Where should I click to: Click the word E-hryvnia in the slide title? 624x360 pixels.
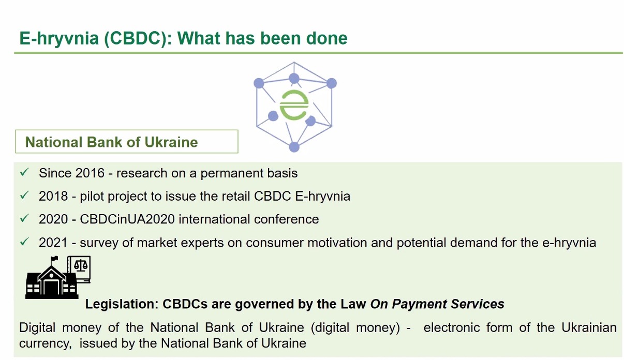pyautogui.click(x=59, y=38)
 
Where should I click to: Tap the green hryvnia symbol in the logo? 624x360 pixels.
pyautogui.click(x=294, y=105)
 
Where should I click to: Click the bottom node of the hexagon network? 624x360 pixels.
pyautogui.click(x=294, y=147)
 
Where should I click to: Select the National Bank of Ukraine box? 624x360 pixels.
pyautogui.click(x=127, y=141)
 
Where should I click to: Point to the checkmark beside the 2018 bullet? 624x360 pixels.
pyautogui.click(x=24, y=195)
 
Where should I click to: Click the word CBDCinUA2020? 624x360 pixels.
pyautogui.click(x=127, y=219)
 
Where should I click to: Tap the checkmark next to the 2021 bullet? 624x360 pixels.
pyautogui.click(x=24, y=242)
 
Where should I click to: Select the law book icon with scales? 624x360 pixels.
pyautogui.click(x=79, y=269)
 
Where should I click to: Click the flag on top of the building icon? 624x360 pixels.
pyautogui.click(x=54, y=259)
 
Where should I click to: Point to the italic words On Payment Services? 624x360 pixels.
pyautogui.click(x=437, y=304)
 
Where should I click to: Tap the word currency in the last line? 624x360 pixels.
pyautogui.click(x=46, y=343)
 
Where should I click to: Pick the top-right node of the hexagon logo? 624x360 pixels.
pyautogui.click(x=332, y=83)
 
